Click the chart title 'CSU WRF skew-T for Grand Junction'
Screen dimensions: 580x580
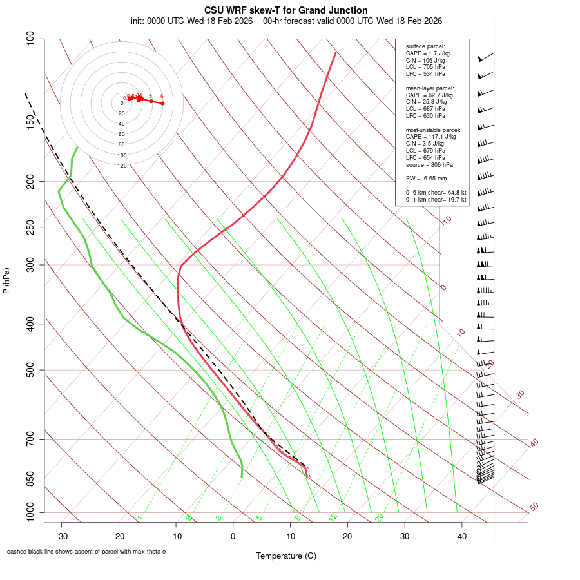(286, 10)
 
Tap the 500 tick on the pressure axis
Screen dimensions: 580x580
(31, 370)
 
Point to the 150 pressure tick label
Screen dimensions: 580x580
(31, 122)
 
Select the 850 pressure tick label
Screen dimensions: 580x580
(31, 479)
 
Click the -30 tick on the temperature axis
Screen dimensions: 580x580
(62, 536)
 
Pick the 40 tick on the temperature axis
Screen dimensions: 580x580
(461, 536)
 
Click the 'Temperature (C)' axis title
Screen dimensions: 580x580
(285, 556)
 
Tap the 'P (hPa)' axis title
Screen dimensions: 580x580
(6, 281)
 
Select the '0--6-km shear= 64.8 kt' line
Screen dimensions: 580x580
(436, 192)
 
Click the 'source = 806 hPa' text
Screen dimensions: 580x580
(428, 164)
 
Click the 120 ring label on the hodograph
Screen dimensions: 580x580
(122, 166)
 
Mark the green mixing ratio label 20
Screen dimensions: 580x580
(380, 517)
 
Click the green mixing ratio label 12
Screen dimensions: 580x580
(333, 517)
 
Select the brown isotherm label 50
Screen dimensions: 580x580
(534, 507)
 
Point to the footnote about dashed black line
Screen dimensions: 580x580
(86, 552)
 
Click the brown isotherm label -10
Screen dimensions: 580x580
(446, 220)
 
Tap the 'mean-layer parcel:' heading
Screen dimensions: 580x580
(430, 88)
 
